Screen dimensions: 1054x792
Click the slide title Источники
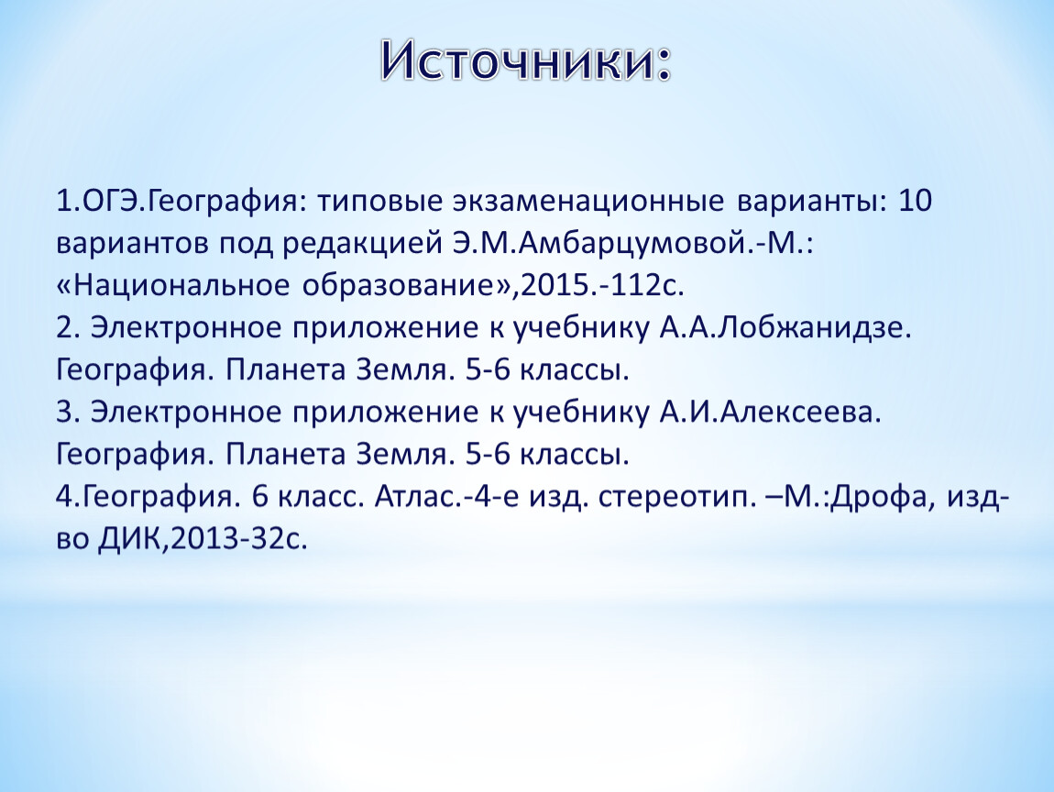(526, 61)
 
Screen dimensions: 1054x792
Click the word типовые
(379, 201)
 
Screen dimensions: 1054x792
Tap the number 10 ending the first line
(915, 201)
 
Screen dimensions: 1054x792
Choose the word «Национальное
(172, 285)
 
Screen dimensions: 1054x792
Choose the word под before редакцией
(246, 244)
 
